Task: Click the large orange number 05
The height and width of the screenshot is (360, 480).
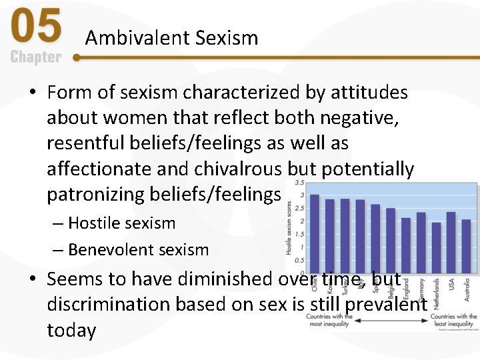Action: click(37, 29)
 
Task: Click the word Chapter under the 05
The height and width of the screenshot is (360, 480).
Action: click(36, 57)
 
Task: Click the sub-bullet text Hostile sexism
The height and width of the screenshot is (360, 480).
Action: click(121, 223)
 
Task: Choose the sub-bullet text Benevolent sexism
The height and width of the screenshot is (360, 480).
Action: click(138, 250)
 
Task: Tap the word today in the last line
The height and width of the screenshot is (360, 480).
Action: click(71, 330)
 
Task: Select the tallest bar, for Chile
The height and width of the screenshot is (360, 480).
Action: click(315, 233)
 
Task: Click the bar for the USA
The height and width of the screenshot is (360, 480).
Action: click(451, 243)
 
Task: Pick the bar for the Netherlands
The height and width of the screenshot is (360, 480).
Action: click(436, 247)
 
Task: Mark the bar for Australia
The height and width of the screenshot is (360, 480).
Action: click(466, 246)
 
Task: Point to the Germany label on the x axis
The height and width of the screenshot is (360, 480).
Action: click(421, 291)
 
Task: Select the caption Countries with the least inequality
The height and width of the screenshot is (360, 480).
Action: click(453, 321)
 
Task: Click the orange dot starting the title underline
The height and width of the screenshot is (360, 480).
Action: click(77, 58)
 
